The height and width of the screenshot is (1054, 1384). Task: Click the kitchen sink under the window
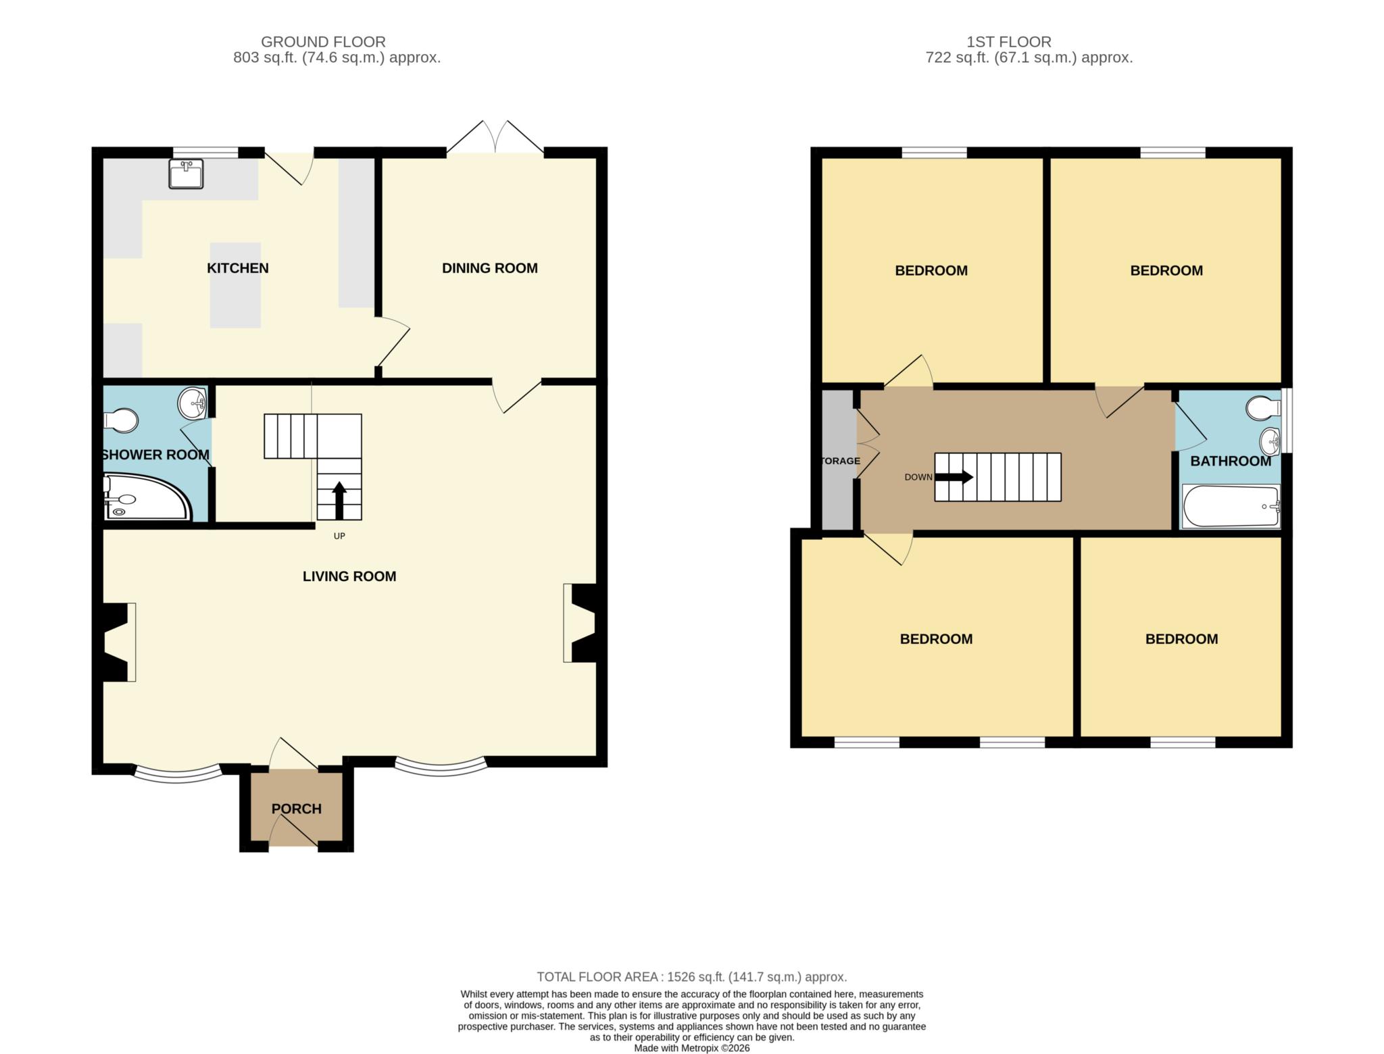(x=185, y=174)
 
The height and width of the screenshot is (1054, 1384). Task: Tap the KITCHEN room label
(x=237, y=268)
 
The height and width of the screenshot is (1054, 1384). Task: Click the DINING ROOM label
(x=489, y=268)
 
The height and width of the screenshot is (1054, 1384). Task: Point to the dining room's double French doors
(x=495, y=139)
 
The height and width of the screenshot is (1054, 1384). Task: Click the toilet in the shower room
(x=122, y=420)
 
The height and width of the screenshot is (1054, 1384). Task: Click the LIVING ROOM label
(x=349, y=576)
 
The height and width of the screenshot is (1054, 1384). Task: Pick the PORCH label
(x=296, y=809)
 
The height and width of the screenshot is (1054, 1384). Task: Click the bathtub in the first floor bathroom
(x=1230, y=506)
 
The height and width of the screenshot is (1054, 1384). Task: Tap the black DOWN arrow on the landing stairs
(x=954, y=477)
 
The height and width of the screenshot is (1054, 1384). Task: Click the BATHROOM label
(x=1230, y=461)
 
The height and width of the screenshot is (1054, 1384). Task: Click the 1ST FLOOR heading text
(x=1008, y=42)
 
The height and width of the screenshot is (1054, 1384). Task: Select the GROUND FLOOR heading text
(x=323, y=42)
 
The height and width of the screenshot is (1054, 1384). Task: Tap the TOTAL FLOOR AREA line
(x=691, y=977)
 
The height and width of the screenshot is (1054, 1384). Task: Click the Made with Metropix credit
(x=691, y=1049)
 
